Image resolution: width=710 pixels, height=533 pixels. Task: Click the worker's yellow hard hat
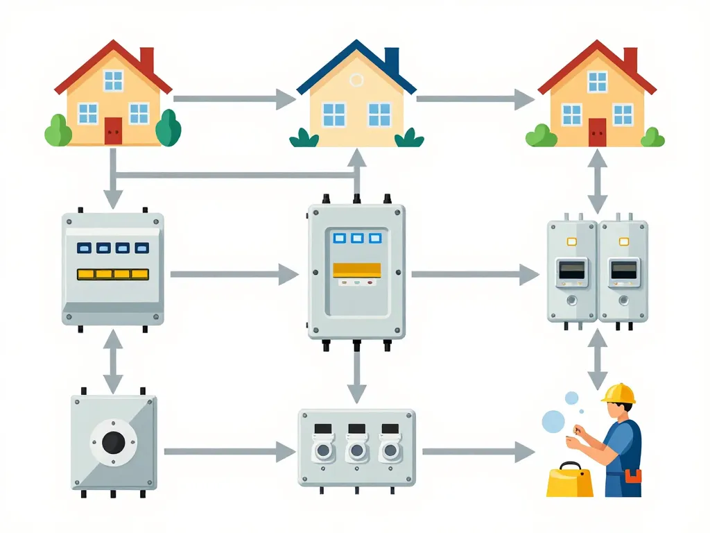point(618,394)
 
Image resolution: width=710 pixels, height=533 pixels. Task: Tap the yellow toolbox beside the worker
point(570,481)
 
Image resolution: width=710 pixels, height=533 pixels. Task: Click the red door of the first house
point(113,130)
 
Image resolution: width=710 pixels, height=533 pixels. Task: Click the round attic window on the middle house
point(356,80)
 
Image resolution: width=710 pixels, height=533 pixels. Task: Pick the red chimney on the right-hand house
point(630,60)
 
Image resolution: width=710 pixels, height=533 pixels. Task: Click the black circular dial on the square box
point(113,441)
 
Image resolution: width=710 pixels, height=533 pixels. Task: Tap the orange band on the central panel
point(356,270)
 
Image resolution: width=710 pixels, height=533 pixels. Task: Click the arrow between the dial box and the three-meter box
point(230,452)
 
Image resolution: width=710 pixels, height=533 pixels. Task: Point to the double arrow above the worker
point(597,359)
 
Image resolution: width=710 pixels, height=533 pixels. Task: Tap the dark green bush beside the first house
point(168,129)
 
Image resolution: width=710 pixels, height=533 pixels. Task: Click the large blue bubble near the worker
point(553,421)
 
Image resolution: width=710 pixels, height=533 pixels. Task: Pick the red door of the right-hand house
point(597,132)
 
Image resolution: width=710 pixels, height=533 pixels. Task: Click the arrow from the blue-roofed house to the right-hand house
point(475,99)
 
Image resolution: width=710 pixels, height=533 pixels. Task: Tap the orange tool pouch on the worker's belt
point(632,476)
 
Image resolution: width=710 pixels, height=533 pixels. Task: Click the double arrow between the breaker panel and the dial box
point(113,361)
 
